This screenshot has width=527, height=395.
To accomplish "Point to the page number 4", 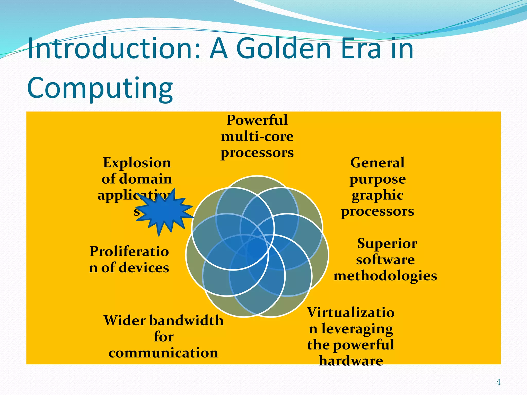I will pos(498,382).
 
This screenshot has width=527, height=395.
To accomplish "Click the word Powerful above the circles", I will pos(257,120).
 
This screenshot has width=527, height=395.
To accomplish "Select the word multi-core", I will pos(257,136).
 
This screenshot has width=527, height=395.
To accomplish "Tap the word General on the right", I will pos(377,163).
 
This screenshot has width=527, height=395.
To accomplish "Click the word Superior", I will pos(387,244).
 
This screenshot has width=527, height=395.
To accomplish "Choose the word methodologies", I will pos(385,276).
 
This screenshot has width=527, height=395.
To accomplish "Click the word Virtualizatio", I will pos(351,312).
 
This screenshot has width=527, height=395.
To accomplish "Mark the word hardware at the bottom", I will pos(351,361).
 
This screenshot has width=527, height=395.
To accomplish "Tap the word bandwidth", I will pos(186,321).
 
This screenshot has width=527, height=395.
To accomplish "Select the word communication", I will pos(163,353).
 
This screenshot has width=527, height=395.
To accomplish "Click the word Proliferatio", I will pos(129,252).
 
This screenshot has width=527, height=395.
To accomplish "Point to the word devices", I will pos(144,268).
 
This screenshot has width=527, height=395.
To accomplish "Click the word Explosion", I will pos(137,163).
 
